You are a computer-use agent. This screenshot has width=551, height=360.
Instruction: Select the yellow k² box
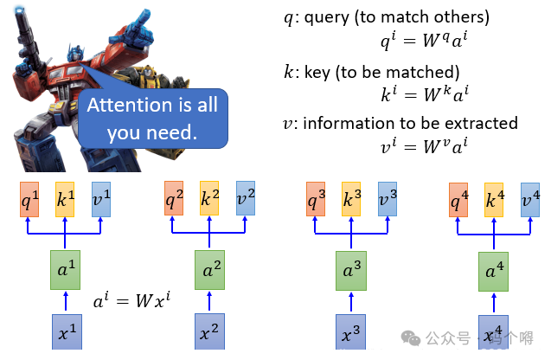(209, 198)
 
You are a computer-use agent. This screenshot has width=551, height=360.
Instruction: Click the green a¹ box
(65, 272)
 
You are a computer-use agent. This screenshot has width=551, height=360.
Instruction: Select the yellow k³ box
(351, 198)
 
